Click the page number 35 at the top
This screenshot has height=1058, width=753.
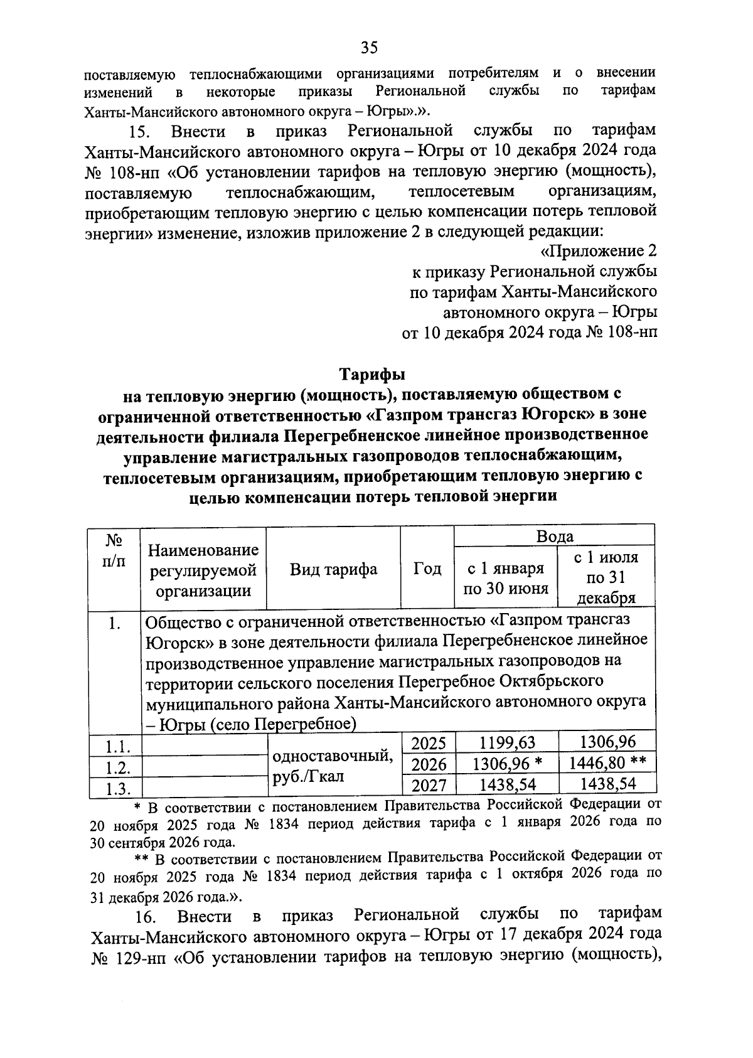click(369, 48)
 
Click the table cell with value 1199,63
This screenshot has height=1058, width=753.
click(507, 743)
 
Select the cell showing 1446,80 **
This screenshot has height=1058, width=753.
click(607, 763)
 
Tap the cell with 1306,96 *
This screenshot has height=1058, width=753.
click(507, 764)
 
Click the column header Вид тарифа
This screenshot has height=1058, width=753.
click(333, 569)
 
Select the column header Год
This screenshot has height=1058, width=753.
click(427, 569)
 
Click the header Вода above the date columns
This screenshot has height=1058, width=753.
click(554, 537)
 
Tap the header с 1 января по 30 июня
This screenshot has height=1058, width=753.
click(506, 579)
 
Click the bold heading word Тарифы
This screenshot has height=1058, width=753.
click(372, 375)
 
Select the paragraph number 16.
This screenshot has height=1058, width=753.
click(145, 917)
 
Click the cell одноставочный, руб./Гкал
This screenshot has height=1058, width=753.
click(333, 765)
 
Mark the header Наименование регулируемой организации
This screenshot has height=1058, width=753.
click(203, 570)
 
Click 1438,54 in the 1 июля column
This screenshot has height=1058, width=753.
click(607, 784)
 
